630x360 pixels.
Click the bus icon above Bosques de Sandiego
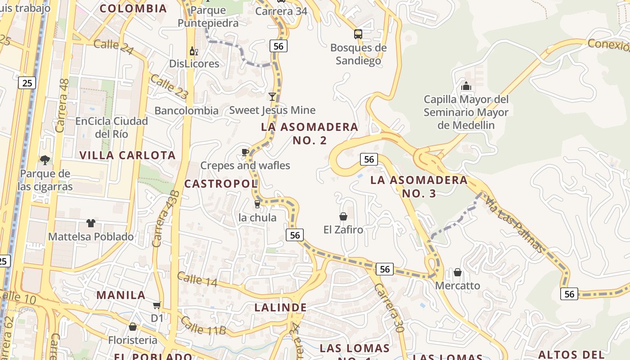coord(358,34)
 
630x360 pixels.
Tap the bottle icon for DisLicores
coord(194,51)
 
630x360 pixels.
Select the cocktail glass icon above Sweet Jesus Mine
coord(272,97)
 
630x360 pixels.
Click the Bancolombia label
coord(186,111)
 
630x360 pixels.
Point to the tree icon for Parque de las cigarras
coord(45,160)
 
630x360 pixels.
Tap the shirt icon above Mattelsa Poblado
coord(91,223)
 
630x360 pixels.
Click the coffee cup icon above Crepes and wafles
coord(245,153)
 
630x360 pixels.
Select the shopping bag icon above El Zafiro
coord(343,217)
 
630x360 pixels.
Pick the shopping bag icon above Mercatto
coord(458,273)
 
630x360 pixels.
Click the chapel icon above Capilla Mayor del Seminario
coord(466,85)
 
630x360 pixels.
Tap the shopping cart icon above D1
coord(157,306)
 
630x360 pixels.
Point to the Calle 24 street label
coord(113,46)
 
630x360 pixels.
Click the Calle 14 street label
coord(197,279)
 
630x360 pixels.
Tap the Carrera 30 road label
coord(389,308)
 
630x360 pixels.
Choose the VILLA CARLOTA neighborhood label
coord(127,155)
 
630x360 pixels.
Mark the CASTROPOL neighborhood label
coord(221,184)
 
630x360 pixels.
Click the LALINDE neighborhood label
coord(281,308)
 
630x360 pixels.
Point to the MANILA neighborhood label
coord(121,295)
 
